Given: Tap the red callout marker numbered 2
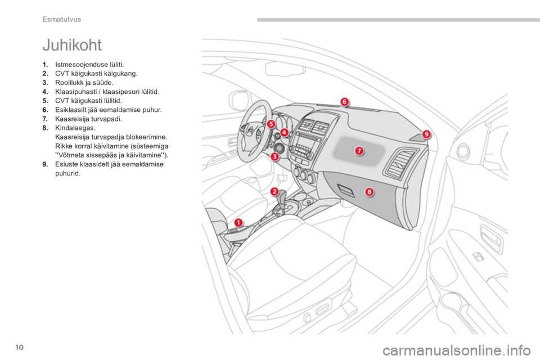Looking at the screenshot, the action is pyautogui.click(x=274, y=192).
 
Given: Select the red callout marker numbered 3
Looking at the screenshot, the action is pyautogui.click(x=274, y=157).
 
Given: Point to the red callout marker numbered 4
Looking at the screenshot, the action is pyautogui.click(x=284, y=132).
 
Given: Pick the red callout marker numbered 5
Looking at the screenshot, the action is pyautogui.click(x=271, y=124).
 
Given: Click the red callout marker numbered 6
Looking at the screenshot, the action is pyautogui.click(x=344, y=102).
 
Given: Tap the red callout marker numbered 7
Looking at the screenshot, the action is pyautogui.click(x=359, y=151).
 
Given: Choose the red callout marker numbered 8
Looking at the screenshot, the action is pyautogui.click(x=369, y=192).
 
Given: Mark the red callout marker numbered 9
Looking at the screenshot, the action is pyautogui.click(x=426, y=134).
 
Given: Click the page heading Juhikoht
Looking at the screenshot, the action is pyautogui.click(x=72, y=45).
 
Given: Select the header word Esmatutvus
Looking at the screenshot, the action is pyautogui.click(x=62, y=19).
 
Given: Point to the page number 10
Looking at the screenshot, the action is pyautogui.click(x=20, y=347).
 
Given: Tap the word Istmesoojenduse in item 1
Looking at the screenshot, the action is pyautogui.click(x=79, y=65).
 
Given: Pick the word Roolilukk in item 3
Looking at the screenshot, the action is pyautogui.click(x=68, y=83).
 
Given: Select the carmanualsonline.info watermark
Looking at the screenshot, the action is pyautogui.click(x=457, y=351).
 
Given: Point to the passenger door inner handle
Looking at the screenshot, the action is pyautogui.click(x=490, y=238).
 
